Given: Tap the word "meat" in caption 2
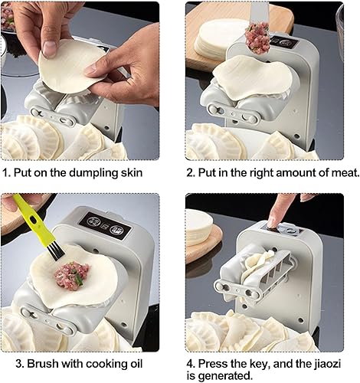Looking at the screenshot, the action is (345, 172).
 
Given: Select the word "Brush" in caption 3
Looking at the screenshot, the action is (42, 363).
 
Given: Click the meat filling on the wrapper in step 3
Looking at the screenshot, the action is (72, 276).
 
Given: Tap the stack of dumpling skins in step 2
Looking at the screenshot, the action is (214, 41).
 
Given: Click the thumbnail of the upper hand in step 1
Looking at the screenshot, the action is (49, 49).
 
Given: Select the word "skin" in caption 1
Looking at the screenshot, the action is (131, 172).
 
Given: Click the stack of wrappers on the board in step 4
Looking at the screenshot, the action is (198, 224).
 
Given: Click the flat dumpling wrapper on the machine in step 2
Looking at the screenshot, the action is (252, 76).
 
